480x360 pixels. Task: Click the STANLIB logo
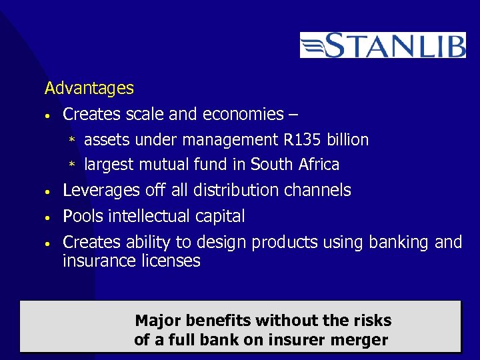coord(383,45)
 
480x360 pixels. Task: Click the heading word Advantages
coord(89,88)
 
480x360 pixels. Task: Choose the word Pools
coord(81,217)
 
